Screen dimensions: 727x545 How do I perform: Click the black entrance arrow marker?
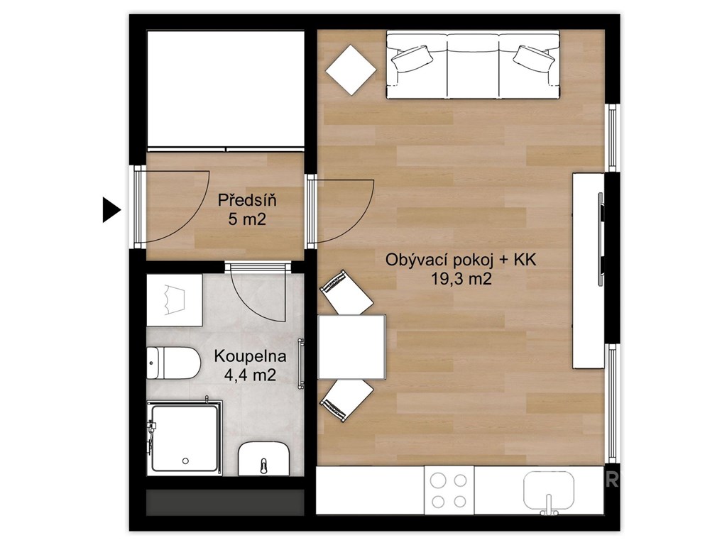click(111, 210)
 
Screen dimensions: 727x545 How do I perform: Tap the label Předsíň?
click(247, 200)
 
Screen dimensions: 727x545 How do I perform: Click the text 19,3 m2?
click(461, 278)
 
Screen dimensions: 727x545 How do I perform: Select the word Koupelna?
click(250, 356)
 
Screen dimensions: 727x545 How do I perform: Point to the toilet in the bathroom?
click(173, 363)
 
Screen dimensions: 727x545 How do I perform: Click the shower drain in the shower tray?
click(185, 461)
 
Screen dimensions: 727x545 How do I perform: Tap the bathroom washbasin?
click(263, 459)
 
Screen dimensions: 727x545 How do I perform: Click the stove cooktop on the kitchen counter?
click(449, 490)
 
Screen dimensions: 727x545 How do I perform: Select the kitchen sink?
click(549, 490)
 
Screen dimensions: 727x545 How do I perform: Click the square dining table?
click(352, 347)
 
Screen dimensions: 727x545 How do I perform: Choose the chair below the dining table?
click(346, 400)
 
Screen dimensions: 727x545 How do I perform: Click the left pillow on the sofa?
click(412, 59)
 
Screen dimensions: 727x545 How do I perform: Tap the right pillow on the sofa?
click(534, 59)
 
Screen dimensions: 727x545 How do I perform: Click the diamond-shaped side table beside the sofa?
click(351, 70)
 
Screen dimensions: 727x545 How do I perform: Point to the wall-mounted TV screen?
click(601, 239)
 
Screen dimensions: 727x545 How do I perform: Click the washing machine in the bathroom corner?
click(175, 300)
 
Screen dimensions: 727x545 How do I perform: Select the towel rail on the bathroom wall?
click(301, 363)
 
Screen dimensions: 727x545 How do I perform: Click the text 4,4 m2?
click(250, 374)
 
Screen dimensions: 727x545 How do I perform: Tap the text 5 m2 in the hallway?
click(247, 219)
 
